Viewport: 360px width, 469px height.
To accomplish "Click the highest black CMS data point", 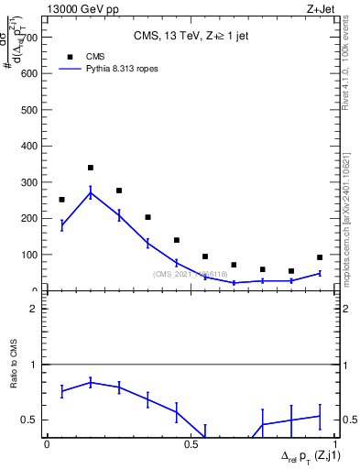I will point(91,168).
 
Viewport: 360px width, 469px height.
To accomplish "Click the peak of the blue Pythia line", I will point(91,192).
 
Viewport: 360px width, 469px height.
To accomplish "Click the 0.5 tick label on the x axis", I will point(191,443).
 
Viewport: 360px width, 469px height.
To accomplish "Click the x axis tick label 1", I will point(334,443).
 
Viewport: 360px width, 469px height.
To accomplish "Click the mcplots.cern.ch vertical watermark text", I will point(352,220).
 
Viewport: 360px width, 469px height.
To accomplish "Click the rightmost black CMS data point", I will point(320,257).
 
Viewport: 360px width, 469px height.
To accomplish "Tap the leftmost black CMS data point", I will point(61,199).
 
